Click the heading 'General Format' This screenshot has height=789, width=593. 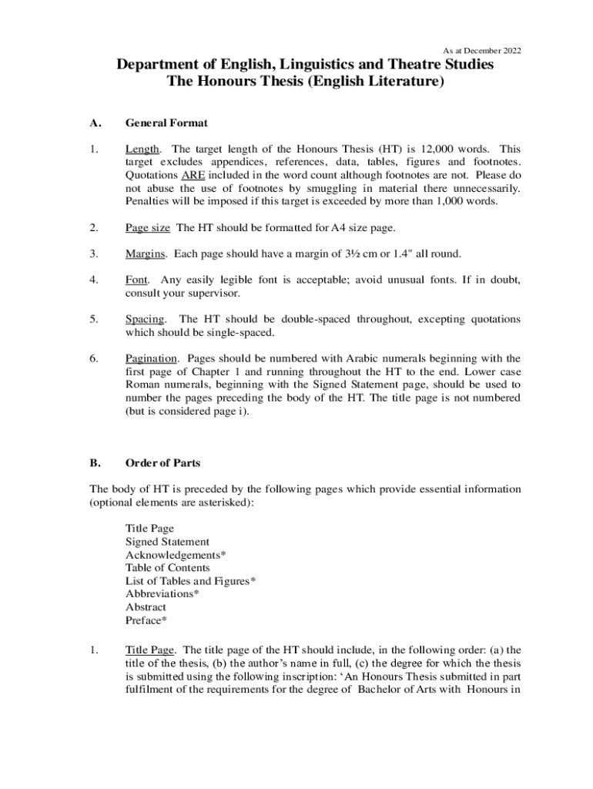click(166, 123)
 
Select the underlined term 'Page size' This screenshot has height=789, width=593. click(149, 227)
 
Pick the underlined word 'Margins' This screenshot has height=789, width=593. click(146, 253)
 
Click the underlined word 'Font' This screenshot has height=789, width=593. click(136, 280)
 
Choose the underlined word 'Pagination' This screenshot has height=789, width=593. click(152, 358)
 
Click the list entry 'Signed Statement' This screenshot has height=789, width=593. click(167, 542)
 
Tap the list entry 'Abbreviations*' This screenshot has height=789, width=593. click(162, 594)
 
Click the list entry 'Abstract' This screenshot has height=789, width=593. click(146, 607)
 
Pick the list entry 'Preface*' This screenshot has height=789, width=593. click(146, 620)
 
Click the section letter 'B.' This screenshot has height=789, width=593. click(95, 463)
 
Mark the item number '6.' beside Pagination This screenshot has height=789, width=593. click(94, 358)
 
